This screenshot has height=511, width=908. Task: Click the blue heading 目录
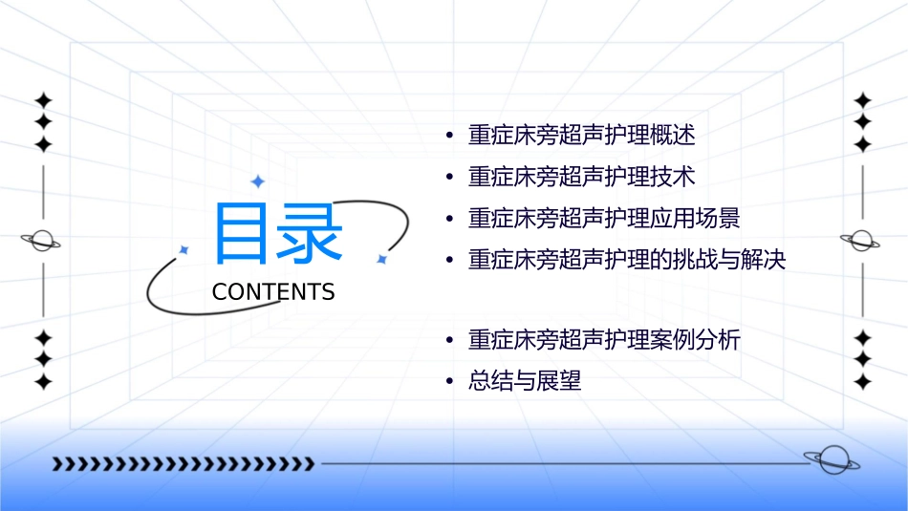click(277, 235)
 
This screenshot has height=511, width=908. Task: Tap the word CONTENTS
click(273, 292)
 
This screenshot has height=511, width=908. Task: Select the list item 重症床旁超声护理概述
click(581, 135)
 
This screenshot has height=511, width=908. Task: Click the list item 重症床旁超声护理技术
click(581, 177)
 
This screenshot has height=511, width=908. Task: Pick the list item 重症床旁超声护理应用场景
click(603, 218)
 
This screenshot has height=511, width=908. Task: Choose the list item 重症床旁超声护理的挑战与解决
click(626, 260)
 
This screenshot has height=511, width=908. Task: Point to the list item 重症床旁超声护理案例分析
click(603, 340)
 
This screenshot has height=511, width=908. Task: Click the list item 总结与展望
click(524, 382)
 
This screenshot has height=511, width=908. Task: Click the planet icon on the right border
click(862, 241)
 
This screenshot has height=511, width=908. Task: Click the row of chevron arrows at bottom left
click(183, 464)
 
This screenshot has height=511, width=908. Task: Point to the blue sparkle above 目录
click(257, 181)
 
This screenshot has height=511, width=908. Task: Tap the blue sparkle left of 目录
click(184, 249)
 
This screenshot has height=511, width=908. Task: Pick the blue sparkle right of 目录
click(380, 259)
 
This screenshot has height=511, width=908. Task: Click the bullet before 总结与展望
click(448, 382)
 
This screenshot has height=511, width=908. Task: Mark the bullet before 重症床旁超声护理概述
click(448, 135)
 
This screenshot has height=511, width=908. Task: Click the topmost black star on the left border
click(43, 99)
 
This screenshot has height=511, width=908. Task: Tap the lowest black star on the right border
click(863, 382)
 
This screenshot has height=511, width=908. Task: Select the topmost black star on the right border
click(863, 99)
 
